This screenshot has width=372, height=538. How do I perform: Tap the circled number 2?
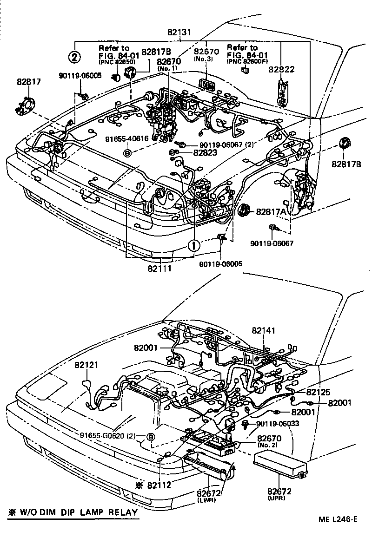point(75,57)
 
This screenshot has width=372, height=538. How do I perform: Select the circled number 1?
point(194,245)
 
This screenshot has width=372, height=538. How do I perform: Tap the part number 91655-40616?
point(127,138)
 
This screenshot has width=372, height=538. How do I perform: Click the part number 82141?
point(264,330)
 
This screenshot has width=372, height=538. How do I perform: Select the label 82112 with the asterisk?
point(156,485)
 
